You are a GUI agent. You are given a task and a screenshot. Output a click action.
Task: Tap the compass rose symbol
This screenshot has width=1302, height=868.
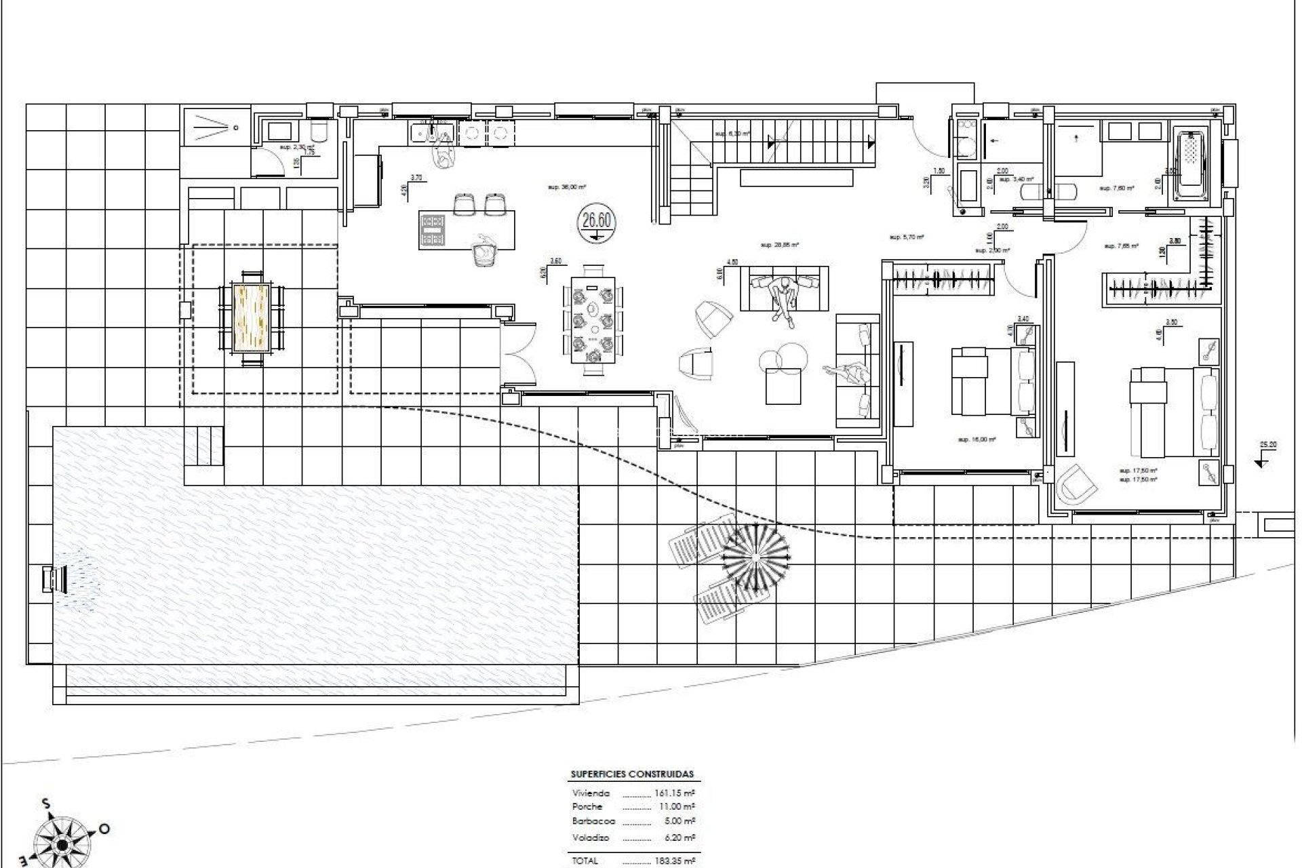62,843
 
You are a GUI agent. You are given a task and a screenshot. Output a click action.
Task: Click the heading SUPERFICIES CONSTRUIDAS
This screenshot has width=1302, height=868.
632,774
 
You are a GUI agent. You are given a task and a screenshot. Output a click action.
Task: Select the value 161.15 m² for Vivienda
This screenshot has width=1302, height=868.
675,793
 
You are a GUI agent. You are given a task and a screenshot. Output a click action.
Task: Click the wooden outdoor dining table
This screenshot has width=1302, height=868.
252,317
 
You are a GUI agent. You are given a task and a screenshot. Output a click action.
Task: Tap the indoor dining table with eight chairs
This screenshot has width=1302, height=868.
593,319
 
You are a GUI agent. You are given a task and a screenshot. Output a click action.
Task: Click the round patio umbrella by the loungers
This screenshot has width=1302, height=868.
756,556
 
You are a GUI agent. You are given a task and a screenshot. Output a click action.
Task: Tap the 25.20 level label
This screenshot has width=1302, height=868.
1267,446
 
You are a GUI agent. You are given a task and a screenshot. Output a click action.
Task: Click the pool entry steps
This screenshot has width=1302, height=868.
204,446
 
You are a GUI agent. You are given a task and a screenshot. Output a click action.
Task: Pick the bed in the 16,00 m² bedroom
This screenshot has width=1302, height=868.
993,382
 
